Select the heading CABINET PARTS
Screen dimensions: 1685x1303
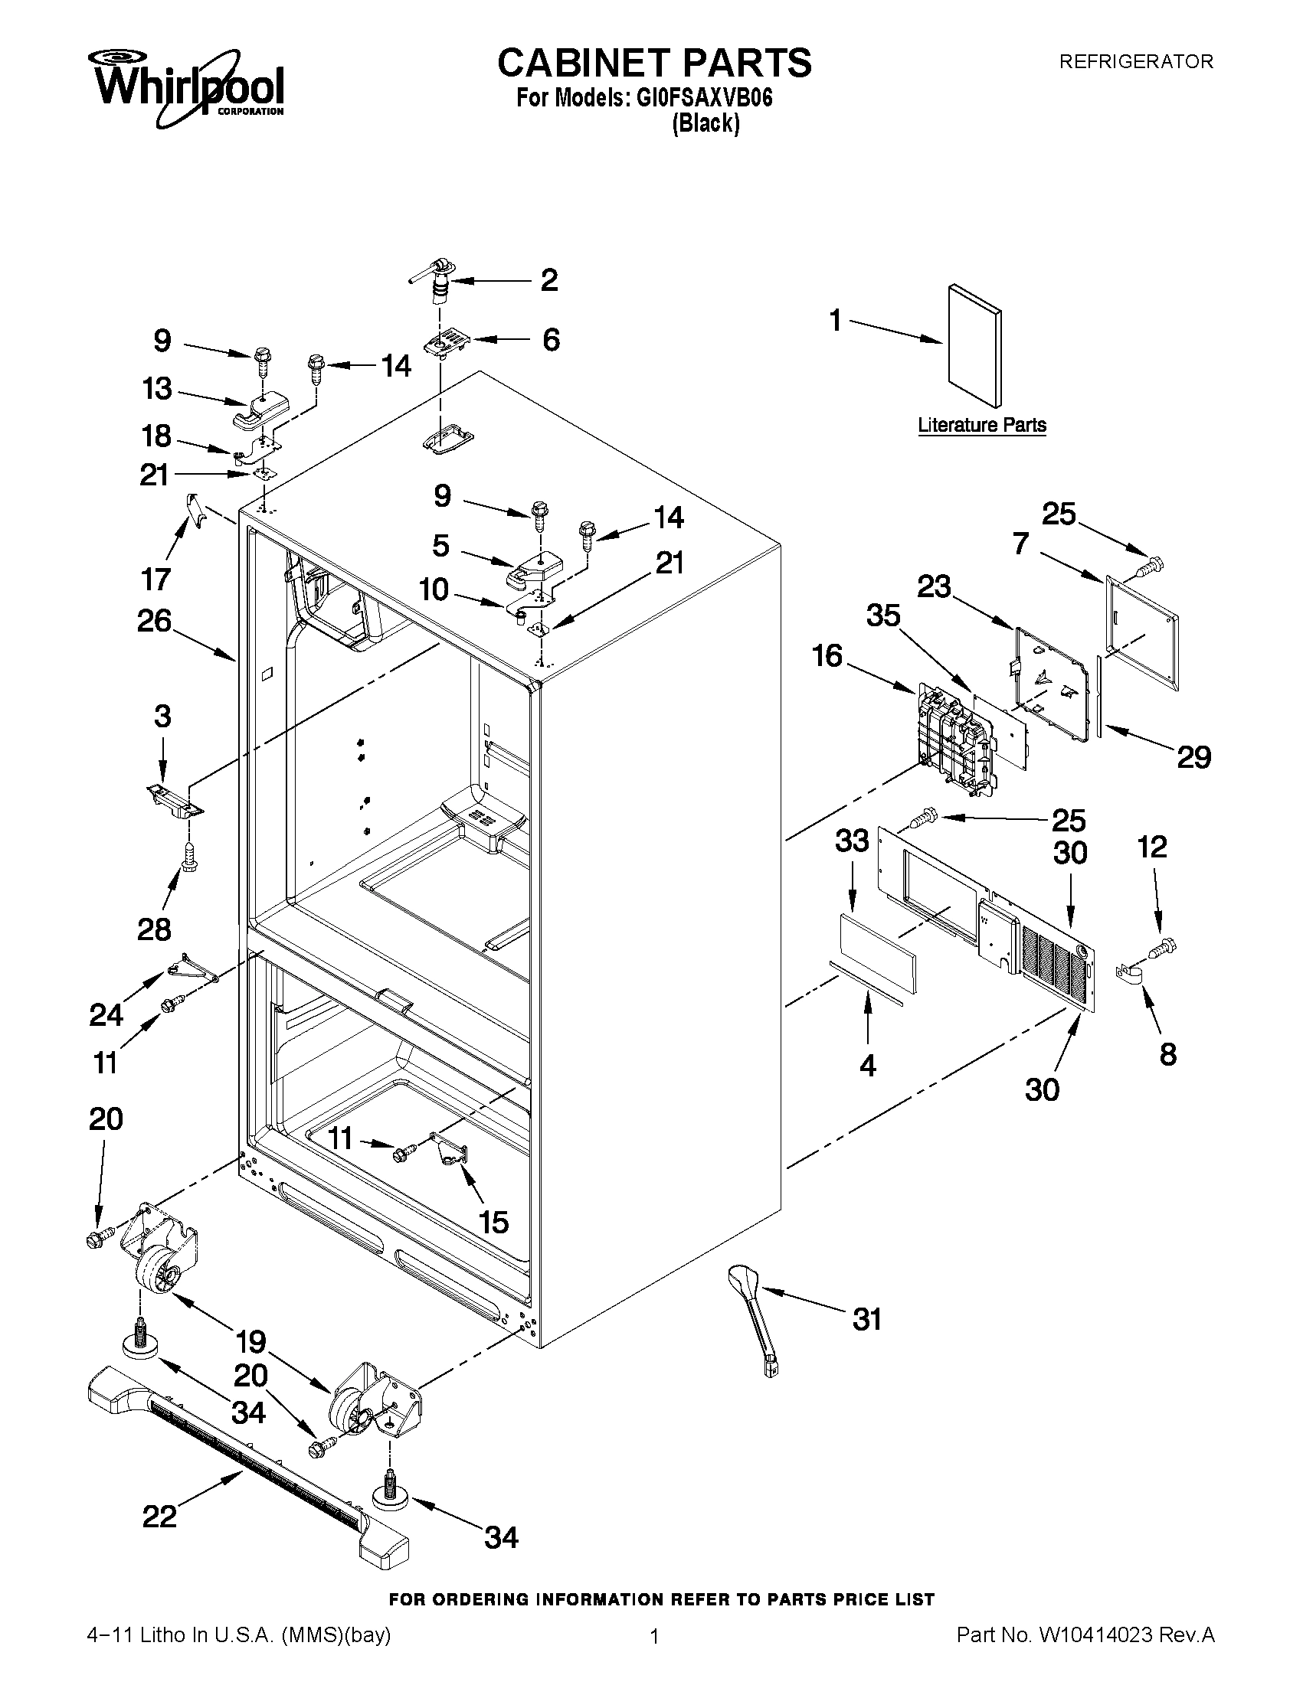[x=654, y=63]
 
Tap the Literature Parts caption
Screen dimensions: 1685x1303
[x=982, y=425]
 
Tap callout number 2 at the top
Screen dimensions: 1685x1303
[x=548, y=280]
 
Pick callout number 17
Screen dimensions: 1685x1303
[x=156, y=578]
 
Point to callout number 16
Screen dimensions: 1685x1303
[x=827, y=656]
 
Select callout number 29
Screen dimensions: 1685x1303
[x=1193, y=757]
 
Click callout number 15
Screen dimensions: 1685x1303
[x=493, y=1222]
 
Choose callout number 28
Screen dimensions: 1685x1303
[x=154, y=929]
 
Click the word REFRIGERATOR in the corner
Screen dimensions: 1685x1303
[x=1135, y=62]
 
